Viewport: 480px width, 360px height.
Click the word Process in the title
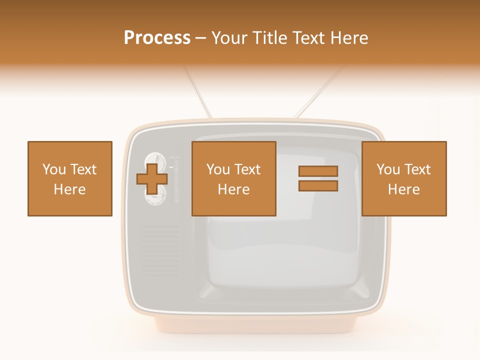tap(157, 38)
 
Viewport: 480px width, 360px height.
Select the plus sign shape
tap(152, 178)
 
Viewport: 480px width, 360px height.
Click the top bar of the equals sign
tap(318, 171)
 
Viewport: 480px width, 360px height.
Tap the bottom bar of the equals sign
tap(318, 186)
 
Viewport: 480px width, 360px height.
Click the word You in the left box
tap(53, 169)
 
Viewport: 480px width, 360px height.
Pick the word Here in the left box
tap(69, 189)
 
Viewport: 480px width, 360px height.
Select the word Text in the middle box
tap(247, 169)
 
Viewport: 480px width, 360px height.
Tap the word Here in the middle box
tap(233, 189)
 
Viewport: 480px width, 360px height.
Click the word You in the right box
tap(387, 169)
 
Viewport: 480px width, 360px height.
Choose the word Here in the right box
tap(403, 189)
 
